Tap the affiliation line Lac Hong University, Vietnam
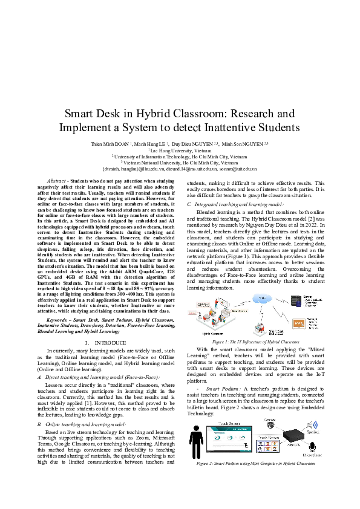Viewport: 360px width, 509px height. pyautogui.click(x=180, y=151)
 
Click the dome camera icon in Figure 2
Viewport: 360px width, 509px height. pyautogui.click(x=269, y=424)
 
